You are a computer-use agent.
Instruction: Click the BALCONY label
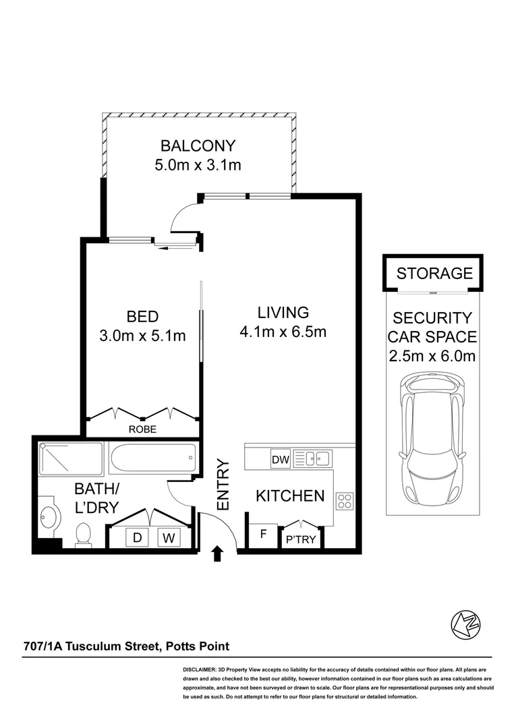(197, 145)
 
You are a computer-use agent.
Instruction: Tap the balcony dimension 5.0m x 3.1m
(197, 164)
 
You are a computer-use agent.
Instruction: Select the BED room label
(142, 316)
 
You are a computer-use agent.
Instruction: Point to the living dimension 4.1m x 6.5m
(283, 332)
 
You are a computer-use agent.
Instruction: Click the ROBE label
(142, 429)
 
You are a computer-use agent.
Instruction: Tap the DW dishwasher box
(280, 460)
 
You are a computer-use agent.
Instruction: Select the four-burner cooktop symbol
(344, 500)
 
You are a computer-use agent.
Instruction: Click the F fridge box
(263, 537)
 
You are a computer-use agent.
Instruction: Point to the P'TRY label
(301, 539)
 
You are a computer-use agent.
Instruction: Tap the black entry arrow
(217, 554)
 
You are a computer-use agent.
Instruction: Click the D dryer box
(138, 537)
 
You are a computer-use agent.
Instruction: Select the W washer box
(168, 537)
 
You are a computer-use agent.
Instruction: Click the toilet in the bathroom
(83, 535)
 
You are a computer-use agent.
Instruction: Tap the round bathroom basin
(49, 517)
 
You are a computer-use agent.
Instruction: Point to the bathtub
(154, 458)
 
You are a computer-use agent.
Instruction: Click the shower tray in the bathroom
(70, 458)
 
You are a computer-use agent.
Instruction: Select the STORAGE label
(434, 273)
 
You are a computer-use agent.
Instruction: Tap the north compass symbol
(465, 625)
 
